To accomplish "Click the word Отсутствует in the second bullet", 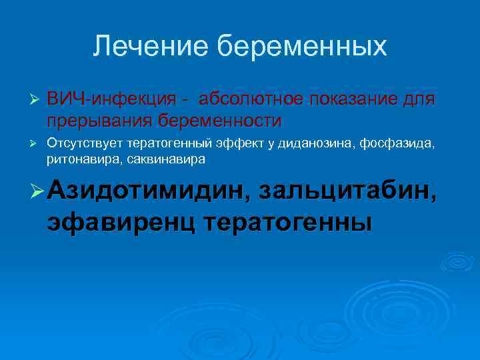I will pos(85,143).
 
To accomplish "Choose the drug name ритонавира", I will pos(80,159).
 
